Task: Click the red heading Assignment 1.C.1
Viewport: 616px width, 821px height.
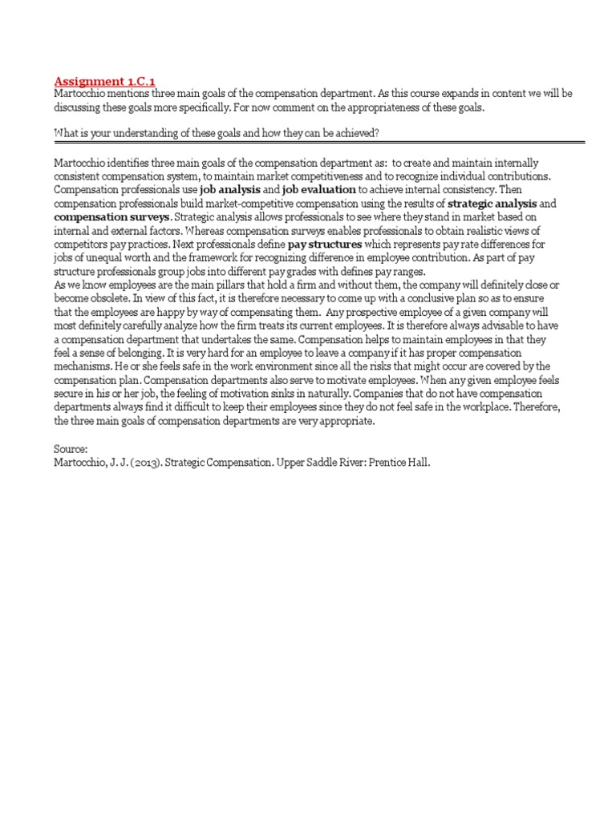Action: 104,81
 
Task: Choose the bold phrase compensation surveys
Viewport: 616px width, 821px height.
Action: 111,217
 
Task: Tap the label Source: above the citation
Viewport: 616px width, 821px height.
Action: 72,450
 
